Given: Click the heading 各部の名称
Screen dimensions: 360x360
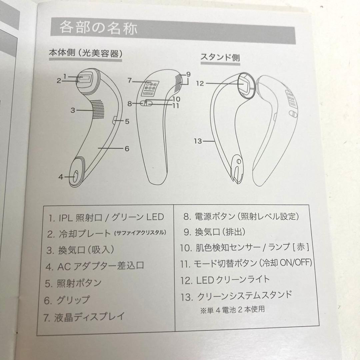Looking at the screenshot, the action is (x=98, y=28).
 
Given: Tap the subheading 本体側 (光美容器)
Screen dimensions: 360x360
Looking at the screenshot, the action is (x=86, y=53).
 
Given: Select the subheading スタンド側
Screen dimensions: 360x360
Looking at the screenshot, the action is (x=220, y=57).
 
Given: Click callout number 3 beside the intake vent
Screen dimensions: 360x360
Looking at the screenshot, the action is (x=73, y=110).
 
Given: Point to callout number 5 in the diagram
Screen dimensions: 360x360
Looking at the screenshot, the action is (x=127, y=121).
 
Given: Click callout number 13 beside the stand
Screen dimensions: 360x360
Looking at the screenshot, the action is (x=198, y=141).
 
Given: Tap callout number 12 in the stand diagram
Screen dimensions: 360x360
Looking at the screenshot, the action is (x=200, y=83).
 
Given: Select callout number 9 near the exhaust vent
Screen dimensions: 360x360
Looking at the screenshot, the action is (x=188, y=74).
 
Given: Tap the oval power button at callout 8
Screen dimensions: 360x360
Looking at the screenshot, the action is (x=146, y=104).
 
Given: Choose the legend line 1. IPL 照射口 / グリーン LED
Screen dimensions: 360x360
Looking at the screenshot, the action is (x=106, y=217).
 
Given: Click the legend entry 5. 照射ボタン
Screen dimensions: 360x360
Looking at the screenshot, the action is (x=73, y=283).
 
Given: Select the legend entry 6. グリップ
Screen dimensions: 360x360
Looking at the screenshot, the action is (x=67, y=300).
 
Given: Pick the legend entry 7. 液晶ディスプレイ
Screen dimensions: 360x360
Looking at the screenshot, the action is (x=84, y=317).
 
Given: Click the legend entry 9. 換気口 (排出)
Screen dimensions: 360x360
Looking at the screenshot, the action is (x=214, y=232).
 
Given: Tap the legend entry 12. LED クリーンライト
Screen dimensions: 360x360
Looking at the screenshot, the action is (x=225, y=280).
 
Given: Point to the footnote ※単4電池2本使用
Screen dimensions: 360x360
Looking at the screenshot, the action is (x=233, y=310).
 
